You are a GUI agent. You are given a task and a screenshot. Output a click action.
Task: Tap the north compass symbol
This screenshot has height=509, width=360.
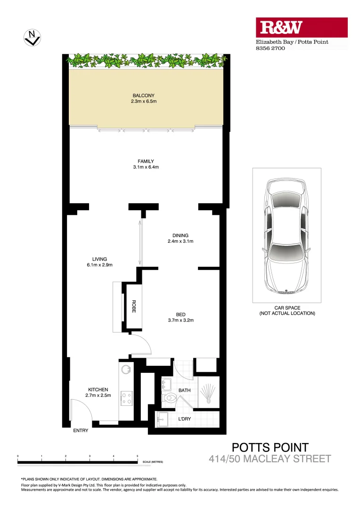pos(32,37)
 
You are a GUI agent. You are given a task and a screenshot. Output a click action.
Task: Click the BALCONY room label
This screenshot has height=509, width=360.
pos(144,96)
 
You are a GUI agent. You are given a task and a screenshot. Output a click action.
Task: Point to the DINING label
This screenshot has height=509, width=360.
pos(180,236)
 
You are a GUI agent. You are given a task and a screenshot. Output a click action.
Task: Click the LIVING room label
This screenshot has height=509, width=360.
pos(99,259)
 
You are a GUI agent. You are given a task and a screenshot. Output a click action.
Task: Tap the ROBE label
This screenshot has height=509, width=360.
pos(134,306)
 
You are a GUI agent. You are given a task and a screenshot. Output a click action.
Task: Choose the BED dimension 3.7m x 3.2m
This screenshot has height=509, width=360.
pos(181,320)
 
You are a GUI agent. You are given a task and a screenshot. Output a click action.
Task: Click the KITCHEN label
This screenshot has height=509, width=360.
pos(98,390)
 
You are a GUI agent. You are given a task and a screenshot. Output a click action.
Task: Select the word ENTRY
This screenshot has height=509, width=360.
pos(80,431)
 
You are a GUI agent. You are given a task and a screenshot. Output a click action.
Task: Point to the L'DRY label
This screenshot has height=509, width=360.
pos(184,419)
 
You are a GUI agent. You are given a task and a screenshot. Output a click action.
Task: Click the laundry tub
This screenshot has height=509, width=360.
pos(163,419)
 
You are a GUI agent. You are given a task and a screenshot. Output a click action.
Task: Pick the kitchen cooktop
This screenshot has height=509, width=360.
pos(126,398)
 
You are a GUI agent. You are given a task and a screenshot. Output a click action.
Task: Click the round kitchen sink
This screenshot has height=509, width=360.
pos(125,370)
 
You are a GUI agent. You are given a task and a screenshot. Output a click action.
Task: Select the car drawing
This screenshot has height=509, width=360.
pos(286,236)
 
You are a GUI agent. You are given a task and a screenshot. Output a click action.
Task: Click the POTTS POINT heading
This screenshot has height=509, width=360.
pos(270,447)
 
